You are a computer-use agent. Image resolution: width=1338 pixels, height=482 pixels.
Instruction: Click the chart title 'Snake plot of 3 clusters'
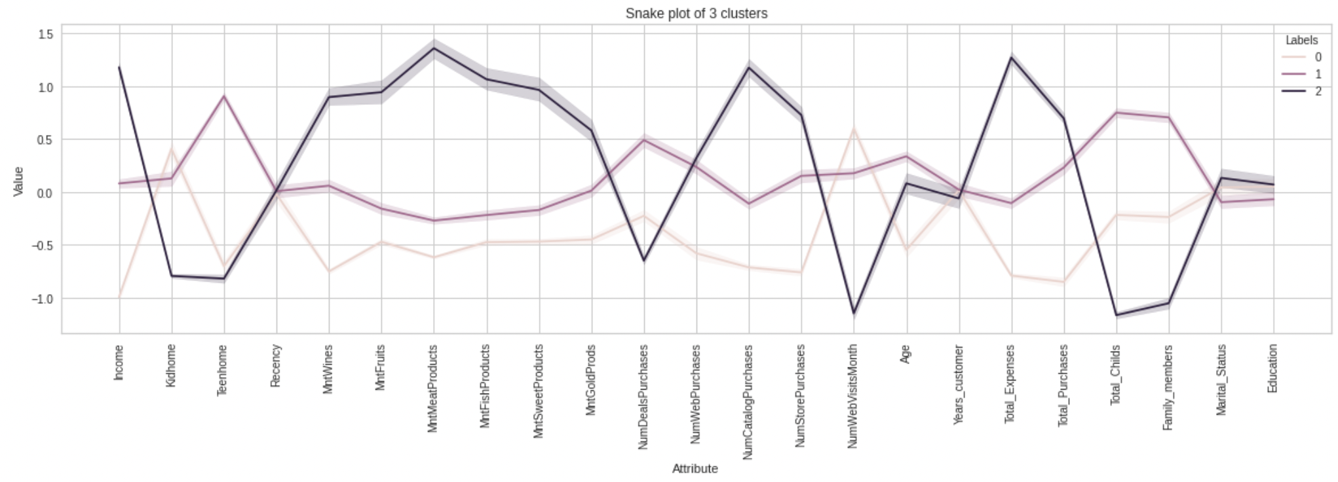696,13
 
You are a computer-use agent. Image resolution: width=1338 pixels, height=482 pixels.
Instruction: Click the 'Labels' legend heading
1301,40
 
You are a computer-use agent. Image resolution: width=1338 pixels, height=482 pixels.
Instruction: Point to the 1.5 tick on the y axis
46,34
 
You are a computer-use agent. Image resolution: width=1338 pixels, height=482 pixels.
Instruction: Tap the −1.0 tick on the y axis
43,299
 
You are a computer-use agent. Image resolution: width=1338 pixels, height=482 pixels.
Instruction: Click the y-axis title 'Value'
18,181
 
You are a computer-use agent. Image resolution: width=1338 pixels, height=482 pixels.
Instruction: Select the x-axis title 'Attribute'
695,468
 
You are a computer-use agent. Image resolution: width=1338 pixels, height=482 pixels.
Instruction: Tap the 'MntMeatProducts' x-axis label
432,388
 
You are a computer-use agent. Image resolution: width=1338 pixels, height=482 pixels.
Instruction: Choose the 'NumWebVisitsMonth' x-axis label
852,396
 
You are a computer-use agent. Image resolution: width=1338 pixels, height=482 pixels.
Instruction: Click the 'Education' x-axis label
1272,368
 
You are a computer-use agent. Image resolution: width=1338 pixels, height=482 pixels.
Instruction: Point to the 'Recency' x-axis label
276,365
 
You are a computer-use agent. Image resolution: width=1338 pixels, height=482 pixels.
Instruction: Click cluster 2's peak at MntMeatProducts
434,48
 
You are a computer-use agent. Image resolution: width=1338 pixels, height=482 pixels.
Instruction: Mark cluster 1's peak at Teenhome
224,96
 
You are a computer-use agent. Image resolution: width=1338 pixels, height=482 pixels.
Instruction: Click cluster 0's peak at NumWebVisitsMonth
853,129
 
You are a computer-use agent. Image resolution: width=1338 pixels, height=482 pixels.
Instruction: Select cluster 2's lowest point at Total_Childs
1116,315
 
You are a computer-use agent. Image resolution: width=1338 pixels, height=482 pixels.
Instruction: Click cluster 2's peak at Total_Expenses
1011,57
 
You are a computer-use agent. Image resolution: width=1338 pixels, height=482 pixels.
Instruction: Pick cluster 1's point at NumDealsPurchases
644,139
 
